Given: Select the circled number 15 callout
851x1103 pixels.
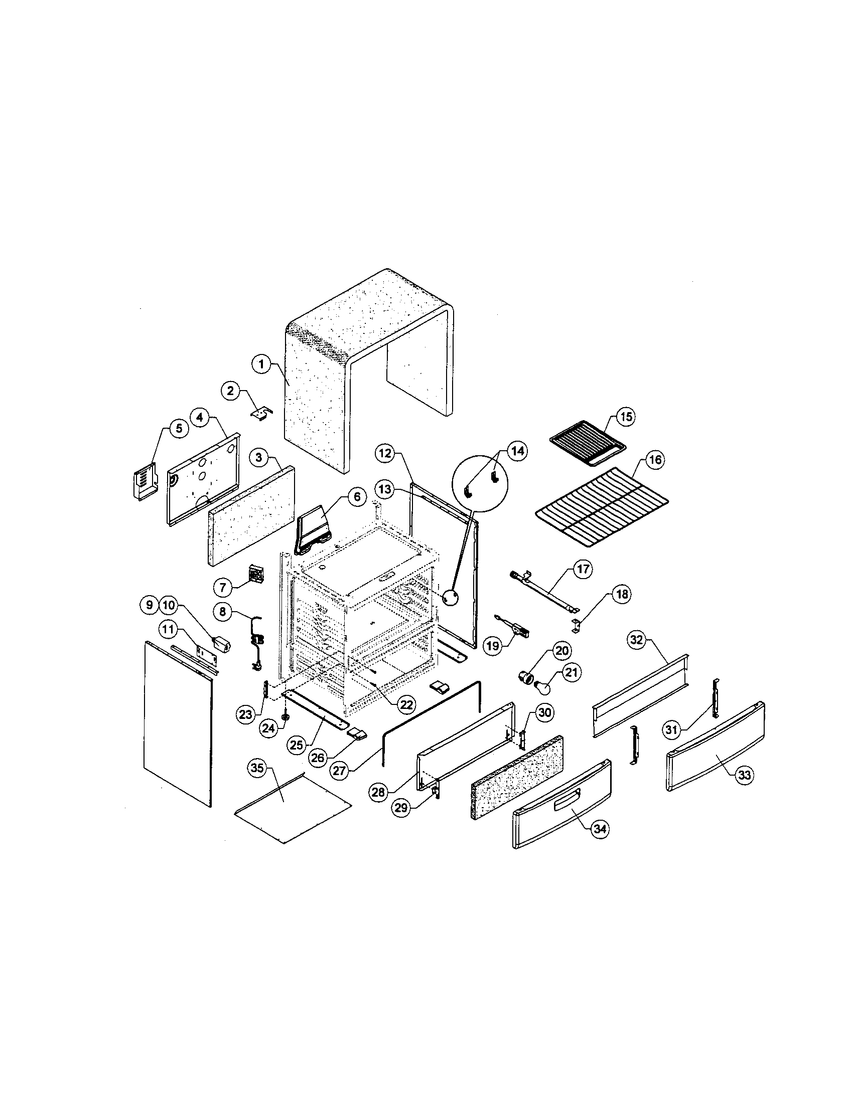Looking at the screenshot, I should pyautogui.click(x=626, y=417).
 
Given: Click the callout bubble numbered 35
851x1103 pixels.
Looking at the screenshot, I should pyautogui.click(x=257, y=769).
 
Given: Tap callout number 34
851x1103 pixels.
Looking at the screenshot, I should pyautogui.click(x=600, y=829).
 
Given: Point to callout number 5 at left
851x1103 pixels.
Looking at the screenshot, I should pyautogui.click(x=179, y=429).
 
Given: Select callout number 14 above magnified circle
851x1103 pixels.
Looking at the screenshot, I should pyautogui.click(x=516, y=451).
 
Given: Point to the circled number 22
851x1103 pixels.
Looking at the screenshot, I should pyautogui.click(x=405, y=705).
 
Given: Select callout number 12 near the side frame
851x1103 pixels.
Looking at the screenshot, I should pyautogui.click(x=385, y=453).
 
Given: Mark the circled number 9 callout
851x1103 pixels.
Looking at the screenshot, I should pyautogui.click(x=150, y=605).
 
